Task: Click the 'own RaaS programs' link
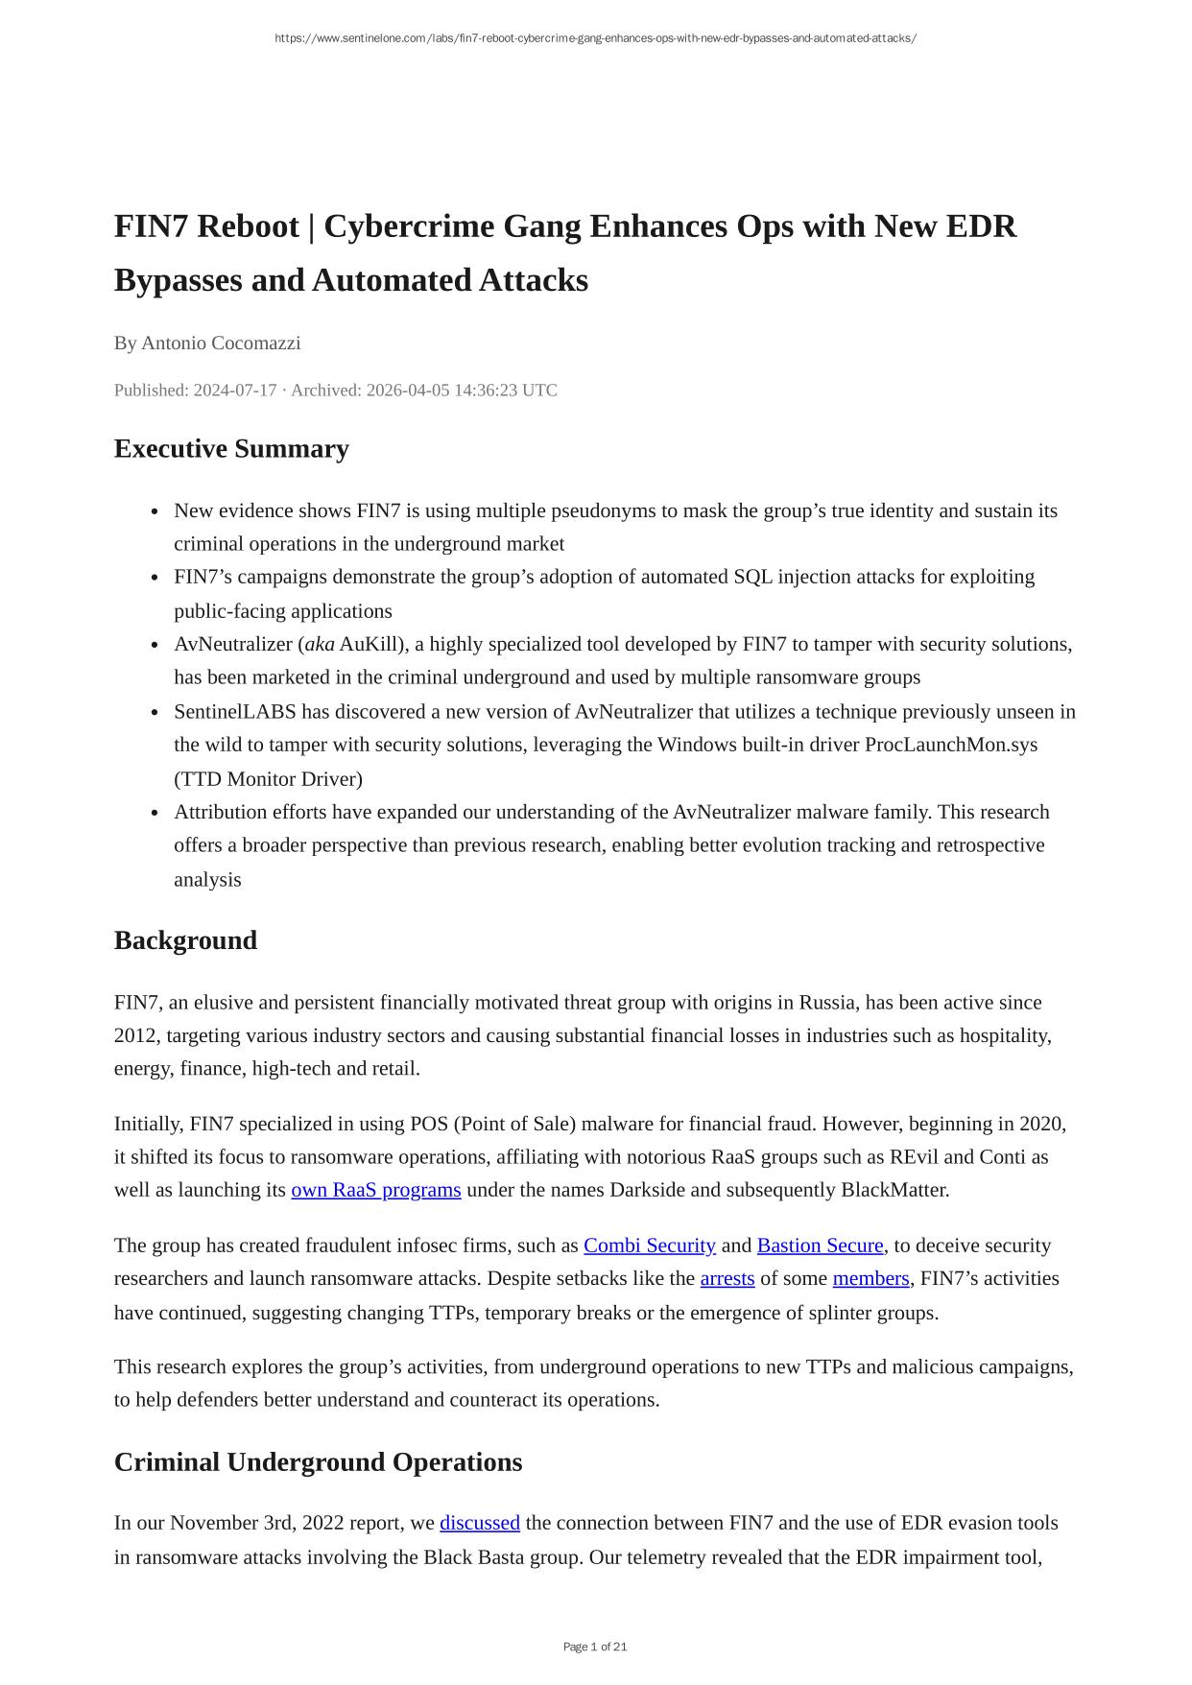click(375, 1190)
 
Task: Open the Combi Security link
click(649, 1246)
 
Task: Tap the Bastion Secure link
click(820, 1246)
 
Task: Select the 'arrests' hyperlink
click(727, 1278)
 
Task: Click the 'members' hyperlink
click(870, 1278)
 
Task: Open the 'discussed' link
click(479, 1523)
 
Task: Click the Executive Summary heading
click(231, 449)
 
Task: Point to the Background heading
click(185, 940)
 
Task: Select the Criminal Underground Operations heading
click(318, 1462)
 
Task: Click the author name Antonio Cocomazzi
click(221, 344)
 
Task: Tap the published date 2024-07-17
click(234, 391)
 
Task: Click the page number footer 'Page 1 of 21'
click(595, 1647)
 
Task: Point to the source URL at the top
click(595, 38)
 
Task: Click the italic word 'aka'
click(320, 644)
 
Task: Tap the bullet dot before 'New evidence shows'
click(155, 511)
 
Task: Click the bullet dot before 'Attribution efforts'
click(155, 813)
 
